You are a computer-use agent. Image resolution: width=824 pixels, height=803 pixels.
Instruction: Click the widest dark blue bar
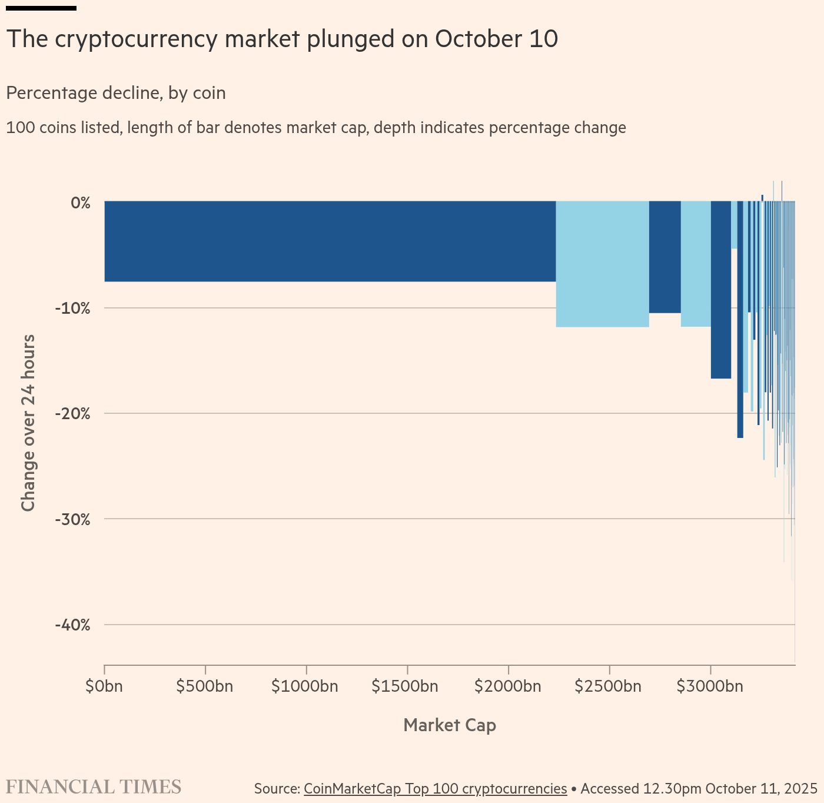(330, 241)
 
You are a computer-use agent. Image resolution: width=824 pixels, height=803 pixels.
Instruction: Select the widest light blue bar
(603, 264)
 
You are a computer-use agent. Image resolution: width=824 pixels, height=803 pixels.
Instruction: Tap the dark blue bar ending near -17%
(720, 290)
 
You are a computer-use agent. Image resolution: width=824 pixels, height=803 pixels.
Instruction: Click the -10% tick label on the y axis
(73, 308)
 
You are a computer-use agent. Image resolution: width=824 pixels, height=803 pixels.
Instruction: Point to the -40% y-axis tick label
(73, 625)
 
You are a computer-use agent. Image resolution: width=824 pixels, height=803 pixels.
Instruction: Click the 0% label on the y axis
(81, 203)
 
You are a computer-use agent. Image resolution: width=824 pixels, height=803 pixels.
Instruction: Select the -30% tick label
(73, 519)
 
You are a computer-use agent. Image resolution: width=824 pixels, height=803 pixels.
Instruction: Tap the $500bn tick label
(205, 686)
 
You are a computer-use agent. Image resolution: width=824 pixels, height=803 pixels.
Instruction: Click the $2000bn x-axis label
(508, 686)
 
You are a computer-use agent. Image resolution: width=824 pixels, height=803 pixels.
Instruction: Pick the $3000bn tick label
(710, 686)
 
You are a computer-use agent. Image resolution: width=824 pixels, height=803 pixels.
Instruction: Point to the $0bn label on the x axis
(104, 686)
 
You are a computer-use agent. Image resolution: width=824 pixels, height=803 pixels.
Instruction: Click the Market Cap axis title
(450, 725)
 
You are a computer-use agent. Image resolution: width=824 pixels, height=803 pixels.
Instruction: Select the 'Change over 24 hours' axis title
(28, 423)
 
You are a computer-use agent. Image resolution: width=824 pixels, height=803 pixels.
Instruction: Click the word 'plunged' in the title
(351, 39)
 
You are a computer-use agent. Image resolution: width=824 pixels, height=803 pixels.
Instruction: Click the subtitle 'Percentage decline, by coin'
(116, 93)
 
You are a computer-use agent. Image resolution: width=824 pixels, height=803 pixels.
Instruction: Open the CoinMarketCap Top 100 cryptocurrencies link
(436, 789)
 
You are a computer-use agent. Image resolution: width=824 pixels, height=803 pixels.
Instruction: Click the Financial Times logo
(94, 787)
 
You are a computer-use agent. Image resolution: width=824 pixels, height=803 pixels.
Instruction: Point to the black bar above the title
(41, 8)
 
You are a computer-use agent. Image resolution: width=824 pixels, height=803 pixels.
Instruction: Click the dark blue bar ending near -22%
(740, 319)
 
